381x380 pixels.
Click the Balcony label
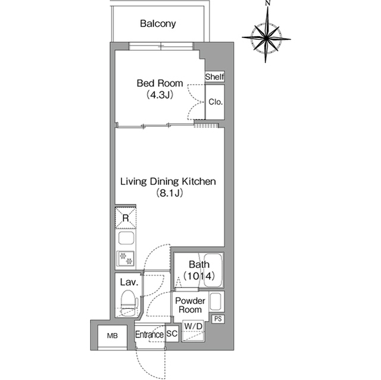point(158,24)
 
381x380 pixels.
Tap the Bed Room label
point(160,83)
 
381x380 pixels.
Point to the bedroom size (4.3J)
point(160,95)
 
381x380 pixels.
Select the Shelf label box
point(214,77)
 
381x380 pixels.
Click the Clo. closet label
point(216,102)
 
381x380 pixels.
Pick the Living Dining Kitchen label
point(168,181)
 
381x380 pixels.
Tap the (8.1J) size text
point(169,193)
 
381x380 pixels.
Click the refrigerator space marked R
point(126,218)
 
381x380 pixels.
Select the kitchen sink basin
point(126,238)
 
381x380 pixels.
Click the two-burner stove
point(126,259)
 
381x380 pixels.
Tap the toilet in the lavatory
point(129,303)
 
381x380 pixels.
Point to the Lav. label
point(129,282)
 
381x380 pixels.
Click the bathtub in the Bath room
point(213,271)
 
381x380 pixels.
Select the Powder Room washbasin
point(216,302)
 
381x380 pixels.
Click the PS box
point(218,319)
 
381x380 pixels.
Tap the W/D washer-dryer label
point(193,326)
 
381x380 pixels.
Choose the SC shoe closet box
point(172,334)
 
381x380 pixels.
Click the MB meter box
point(113,336)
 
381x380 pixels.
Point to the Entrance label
point(149,335)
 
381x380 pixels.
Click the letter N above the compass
point(268,3)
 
